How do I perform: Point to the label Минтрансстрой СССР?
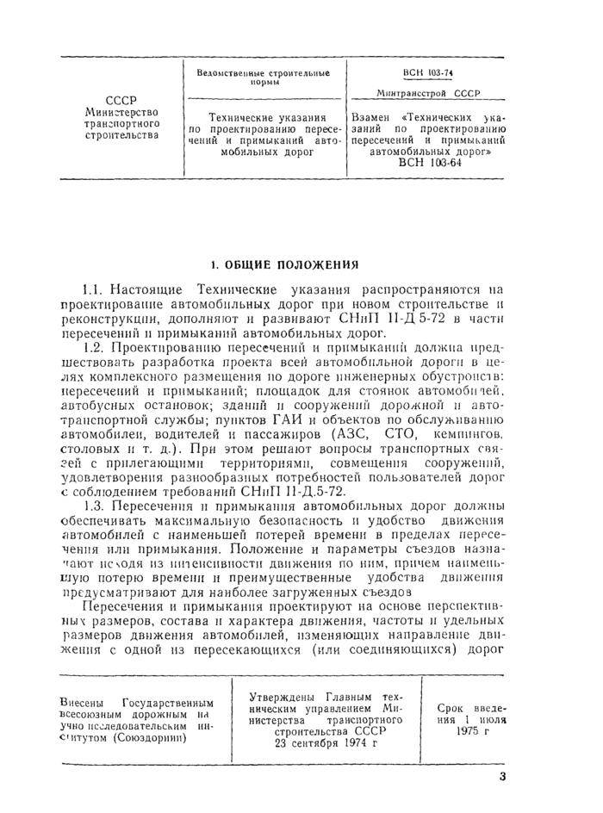pos(428,93)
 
